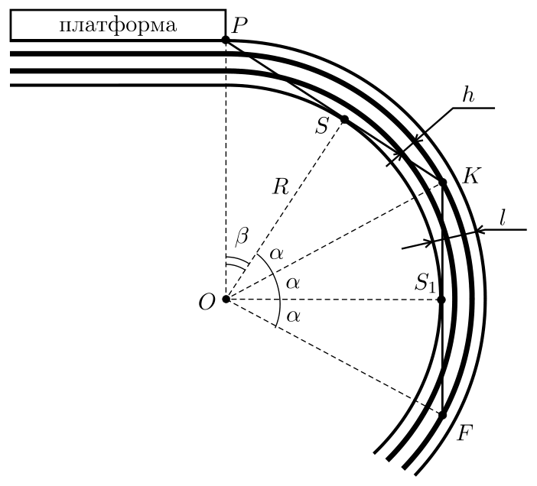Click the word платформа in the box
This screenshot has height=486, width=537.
(x=118, y=26)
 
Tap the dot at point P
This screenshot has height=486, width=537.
(x=226, y=40)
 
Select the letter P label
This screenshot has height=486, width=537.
(x=239, y=25)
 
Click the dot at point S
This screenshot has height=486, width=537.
(x=344, y=119)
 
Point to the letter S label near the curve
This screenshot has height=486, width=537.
(x=322, y=125)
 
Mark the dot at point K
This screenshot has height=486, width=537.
(x=443, y=183)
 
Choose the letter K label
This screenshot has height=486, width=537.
(x=471, y=176)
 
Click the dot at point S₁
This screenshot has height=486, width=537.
(x=442, y=300)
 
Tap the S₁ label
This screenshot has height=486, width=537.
(x=425, y=283)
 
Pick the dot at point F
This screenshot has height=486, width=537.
(x=443, y=415)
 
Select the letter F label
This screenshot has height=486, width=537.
(x=465, y=433)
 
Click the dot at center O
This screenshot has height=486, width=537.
(x=226, y=300)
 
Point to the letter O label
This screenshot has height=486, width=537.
(x=207, y=303)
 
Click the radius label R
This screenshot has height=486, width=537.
(x=281, y=186)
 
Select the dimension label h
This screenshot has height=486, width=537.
(x=468, y=96)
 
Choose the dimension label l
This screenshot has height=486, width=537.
(x=503, y=218)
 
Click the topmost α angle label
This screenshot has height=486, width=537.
(x=277, y=254)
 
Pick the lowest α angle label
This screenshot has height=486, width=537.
(x=294, y=316)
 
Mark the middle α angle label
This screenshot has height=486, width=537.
(x=293, y=283)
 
